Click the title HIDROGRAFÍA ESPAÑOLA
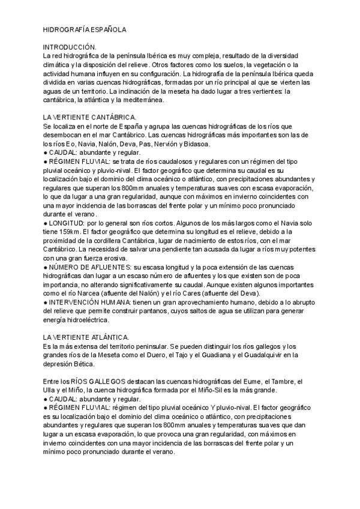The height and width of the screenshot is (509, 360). pos(85,29)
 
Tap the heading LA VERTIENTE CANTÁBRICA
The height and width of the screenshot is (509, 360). pos(90,117)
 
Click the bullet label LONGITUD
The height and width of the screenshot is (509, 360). pos(68,223)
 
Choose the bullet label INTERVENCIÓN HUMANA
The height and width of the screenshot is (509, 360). pos(92,303)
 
